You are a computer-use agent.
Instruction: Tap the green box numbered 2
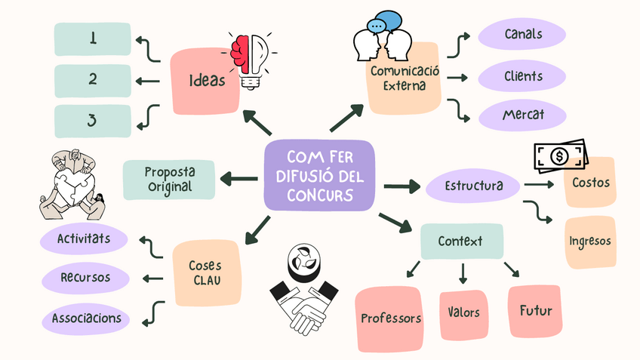tap(93, 79)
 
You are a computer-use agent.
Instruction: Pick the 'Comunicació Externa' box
tap(405, 78)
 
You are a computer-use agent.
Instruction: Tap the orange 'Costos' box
tap(590, 183)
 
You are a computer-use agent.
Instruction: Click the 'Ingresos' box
tap(590, 242)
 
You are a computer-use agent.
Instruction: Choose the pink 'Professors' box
tap(390, 318)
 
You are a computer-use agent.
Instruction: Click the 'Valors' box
tap(463, 312)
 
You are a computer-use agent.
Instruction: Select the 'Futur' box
tap(535, 310)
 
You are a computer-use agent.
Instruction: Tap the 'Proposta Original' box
tap(168, 180)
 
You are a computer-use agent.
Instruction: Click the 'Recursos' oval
tap(85, 278)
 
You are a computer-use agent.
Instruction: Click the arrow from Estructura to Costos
tap(540, 183)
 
